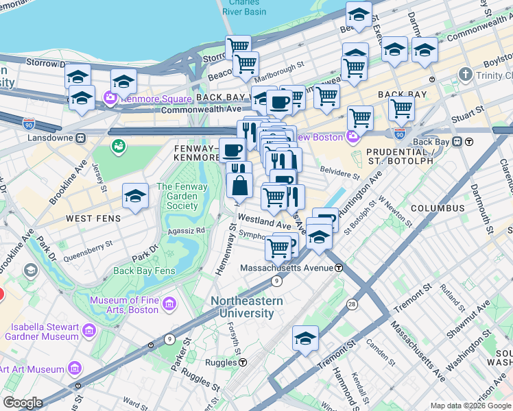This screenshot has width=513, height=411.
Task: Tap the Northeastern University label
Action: click(x=246, y=307)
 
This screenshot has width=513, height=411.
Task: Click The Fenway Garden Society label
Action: click(x=177, y=196)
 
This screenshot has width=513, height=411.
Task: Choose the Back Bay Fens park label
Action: click(x=144, y=271)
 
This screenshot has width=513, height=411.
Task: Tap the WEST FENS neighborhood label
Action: click(x=93, y=219)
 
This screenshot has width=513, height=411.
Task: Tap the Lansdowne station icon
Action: click(x=81, y=138)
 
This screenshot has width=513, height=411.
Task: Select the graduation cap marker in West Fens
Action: click(x=136, y=196)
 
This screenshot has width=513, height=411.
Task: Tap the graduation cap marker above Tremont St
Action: click(x=305, y=338)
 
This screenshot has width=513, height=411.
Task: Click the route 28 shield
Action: click(x=351, y=284)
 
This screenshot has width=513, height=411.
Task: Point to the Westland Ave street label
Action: click(x=265, y=224)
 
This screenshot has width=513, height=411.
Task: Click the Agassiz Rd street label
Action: click(x=181, y=231)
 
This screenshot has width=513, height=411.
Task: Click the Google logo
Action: click(x=23, y=403)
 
